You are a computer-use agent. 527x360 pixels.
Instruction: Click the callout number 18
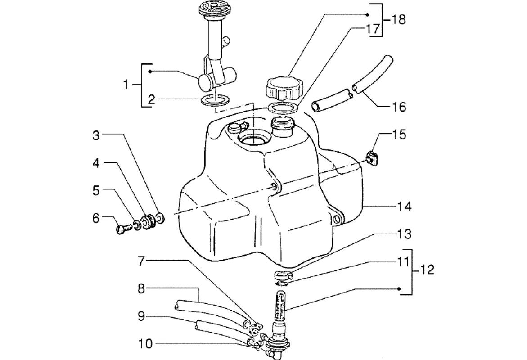click(x=398, y=19)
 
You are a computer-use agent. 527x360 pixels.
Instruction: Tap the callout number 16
click(x=399, y=107)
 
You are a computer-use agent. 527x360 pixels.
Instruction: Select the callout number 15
click(x=399, y=135)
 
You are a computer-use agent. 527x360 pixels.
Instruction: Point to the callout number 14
click(x=404, y=206)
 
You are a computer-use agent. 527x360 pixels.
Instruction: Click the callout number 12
click(x=427, y=270)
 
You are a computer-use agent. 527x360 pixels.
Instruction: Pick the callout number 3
click(x=96, y=136)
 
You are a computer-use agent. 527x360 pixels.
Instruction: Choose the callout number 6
click(x=96, y=219)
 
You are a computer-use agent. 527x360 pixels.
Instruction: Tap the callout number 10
click(x=145, y=344)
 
